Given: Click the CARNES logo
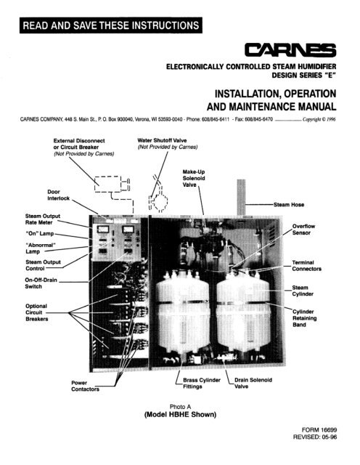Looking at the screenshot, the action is click(290, 50).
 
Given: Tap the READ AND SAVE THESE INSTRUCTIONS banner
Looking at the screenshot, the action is click(111, 25).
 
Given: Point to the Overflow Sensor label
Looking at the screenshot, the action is click(303, 230).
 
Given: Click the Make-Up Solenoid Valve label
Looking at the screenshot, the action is click(194, 178).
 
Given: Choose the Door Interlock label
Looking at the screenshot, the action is click(58, 195).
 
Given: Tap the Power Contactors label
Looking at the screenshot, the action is click(85, 386).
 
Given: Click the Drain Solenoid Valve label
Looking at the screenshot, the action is click(253, 383).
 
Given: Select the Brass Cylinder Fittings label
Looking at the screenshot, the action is click(202, 383).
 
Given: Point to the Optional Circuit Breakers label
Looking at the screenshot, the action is click(36, 312).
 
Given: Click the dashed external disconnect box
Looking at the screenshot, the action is click(108, 184).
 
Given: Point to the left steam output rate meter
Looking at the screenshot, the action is click(102, 229).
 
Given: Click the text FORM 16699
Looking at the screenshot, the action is click(319, 429).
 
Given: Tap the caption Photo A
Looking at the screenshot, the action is click(180, 407).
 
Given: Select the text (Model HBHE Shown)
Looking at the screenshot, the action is click(180, 414).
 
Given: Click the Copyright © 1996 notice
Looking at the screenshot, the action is click(319, 119).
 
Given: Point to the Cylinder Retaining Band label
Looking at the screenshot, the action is click(304, 318).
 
